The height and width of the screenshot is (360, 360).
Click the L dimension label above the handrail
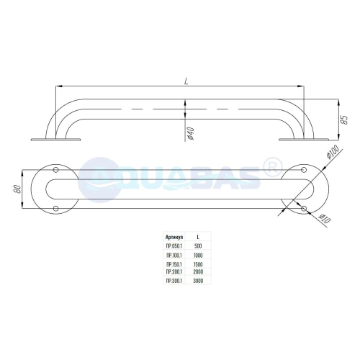coord(186,81)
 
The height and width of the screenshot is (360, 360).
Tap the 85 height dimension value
coord(344,120)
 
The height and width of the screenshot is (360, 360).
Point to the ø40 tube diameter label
coord(190,133)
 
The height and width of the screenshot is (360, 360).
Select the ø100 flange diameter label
coord(333,152)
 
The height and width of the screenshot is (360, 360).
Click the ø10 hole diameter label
coord(324,219)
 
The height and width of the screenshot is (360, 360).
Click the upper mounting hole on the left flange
coord(55,170)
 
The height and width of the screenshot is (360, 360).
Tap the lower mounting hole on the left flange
coord(55,208)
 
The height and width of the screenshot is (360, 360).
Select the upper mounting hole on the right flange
coord(304,170)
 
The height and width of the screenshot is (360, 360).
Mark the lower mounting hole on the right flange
coord(304,208)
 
